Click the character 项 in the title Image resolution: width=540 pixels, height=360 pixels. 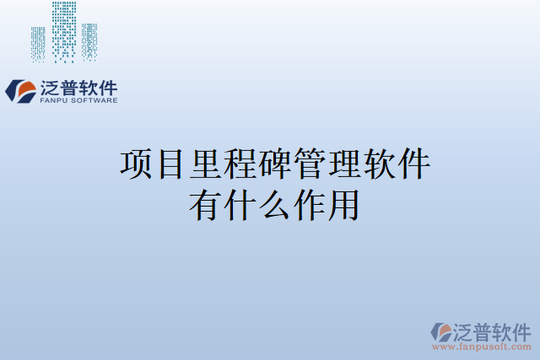(137, 164)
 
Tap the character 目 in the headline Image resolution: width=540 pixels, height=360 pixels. (171, 164)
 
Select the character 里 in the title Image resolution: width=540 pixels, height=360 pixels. (206, 164)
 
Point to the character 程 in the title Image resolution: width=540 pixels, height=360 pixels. (240, 164)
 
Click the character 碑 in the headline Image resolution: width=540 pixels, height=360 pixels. (275, 164)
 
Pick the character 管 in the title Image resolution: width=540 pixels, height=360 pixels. (310, 164)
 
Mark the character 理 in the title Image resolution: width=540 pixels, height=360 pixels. (344, 164)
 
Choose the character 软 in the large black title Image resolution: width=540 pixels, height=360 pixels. (379, 164)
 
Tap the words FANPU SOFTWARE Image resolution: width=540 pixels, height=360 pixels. (78, 100)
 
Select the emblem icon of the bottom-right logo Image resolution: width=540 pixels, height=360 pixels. (441, 330)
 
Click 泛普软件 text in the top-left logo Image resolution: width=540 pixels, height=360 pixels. (78, 87)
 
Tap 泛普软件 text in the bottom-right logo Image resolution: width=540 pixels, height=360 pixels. (494, 330)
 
